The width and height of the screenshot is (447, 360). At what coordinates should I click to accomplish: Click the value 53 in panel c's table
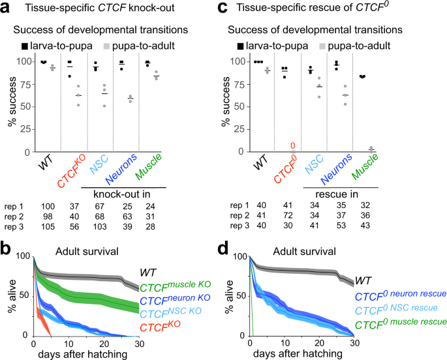pos(337,226)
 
